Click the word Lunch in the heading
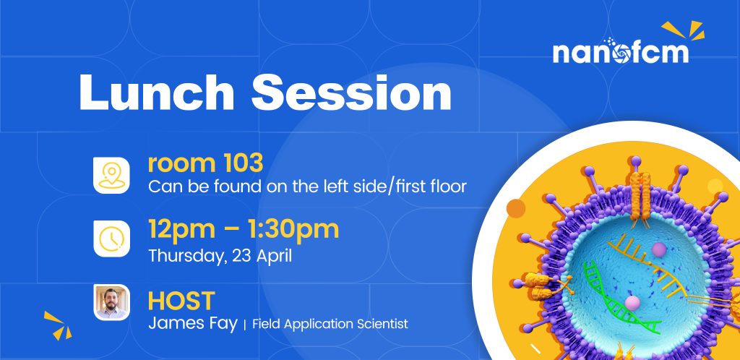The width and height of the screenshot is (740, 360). (156, 93)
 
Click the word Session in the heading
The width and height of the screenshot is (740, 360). (351, 93)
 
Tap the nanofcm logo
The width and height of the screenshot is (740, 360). (621, 51)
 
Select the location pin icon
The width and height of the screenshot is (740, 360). (111, 176)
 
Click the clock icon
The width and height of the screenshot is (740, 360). (111, 239)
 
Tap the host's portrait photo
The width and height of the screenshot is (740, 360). (111, 302)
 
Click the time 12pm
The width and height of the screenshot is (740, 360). (181, 230)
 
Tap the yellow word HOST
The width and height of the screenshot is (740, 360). (181, 301)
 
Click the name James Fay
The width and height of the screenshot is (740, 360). (192, 325)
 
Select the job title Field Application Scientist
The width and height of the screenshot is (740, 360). (330, 324)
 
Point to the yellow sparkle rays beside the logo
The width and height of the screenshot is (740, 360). (684, 30)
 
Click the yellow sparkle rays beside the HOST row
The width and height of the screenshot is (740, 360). (58, 325)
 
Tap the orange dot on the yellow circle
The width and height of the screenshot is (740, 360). (516, 208)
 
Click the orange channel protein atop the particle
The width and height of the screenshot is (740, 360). (640, 196)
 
